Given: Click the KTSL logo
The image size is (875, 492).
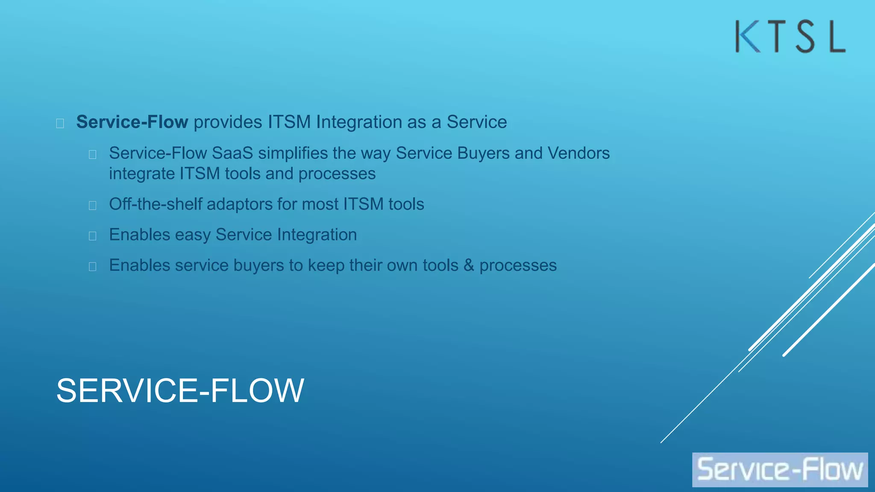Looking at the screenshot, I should [x=790, y=37].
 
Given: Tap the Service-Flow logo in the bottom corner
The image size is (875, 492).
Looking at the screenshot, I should [x=780, y=469].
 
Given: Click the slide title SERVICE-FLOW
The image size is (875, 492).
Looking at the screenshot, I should [x=180, y=390].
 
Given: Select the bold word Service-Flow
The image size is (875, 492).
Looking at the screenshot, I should [x=132, y=122].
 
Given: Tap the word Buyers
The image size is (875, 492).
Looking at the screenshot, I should [x=483, y=153].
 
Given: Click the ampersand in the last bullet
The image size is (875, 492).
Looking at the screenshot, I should [x=469, y=265].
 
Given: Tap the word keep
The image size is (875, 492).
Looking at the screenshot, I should [x=326, y=265].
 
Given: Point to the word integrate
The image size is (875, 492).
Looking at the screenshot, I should [x=142, y=174].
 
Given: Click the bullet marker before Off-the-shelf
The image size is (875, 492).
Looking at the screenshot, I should [x=92, y=205].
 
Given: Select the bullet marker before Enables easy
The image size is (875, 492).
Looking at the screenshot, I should [x=92, y=236].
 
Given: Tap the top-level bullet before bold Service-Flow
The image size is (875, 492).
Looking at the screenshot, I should [x=60, y=123].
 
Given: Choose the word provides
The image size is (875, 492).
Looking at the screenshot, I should [x=228, y=122].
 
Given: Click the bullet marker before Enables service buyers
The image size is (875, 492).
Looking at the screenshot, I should [x=92, y=266].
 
